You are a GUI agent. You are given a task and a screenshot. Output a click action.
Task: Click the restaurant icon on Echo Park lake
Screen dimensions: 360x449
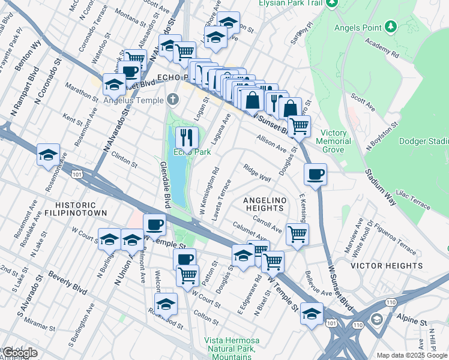187,137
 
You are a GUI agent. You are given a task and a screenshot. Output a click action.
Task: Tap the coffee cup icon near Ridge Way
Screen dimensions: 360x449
315,175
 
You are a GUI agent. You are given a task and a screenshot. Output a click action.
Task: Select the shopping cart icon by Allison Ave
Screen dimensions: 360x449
298,126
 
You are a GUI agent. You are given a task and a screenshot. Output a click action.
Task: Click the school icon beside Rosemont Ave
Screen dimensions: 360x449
48,155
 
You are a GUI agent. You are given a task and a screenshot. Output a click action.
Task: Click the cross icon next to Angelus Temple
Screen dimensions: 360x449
173,99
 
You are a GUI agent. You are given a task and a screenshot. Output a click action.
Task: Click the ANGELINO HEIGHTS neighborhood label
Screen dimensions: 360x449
264,204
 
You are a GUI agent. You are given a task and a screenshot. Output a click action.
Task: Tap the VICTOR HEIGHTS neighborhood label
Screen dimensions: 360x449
387,265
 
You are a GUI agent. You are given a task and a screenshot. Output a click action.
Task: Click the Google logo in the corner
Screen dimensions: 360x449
20,353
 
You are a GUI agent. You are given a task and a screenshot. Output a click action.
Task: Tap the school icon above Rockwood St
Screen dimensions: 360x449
166,304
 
